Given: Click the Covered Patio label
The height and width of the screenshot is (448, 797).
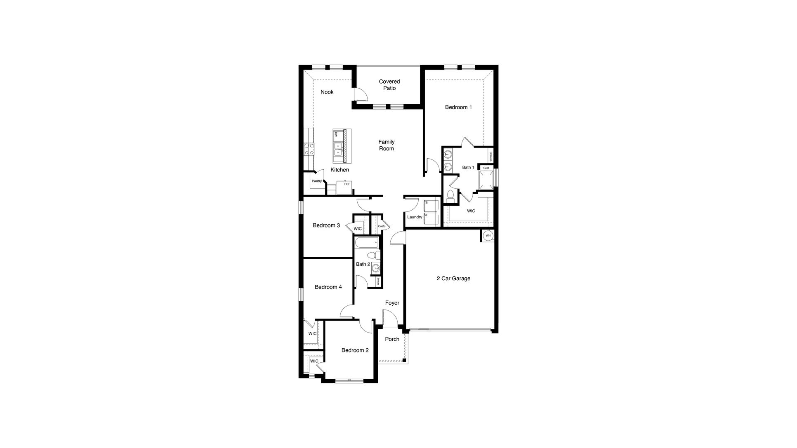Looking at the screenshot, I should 389,85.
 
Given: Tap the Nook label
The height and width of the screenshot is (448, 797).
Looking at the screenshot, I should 327,92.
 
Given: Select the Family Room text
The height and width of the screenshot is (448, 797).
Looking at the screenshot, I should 386,145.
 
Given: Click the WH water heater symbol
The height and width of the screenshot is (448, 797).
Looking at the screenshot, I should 488,236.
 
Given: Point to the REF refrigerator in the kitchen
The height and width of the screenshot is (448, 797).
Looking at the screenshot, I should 345,188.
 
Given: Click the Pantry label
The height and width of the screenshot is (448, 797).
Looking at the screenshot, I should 316,181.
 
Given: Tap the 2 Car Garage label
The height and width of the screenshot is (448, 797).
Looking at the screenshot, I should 453,279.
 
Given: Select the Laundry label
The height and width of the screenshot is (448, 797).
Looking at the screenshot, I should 414,217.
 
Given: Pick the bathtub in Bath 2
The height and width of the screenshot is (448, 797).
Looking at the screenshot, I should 367,242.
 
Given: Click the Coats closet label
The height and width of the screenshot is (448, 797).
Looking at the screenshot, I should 382,226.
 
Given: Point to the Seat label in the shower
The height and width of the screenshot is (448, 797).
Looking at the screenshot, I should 486,168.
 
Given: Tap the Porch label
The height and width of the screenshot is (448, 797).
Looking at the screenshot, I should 392,339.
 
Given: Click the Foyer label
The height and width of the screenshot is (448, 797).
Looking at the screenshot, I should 392,303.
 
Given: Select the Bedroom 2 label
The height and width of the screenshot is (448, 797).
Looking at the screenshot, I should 355,350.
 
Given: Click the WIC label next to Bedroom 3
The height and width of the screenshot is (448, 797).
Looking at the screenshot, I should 357,229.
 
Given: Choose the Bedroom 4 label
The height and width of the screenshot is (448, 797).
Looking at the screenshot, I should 328,287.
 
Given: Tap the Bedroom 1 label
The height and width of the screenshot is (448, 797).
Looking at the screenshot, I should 458,107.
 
